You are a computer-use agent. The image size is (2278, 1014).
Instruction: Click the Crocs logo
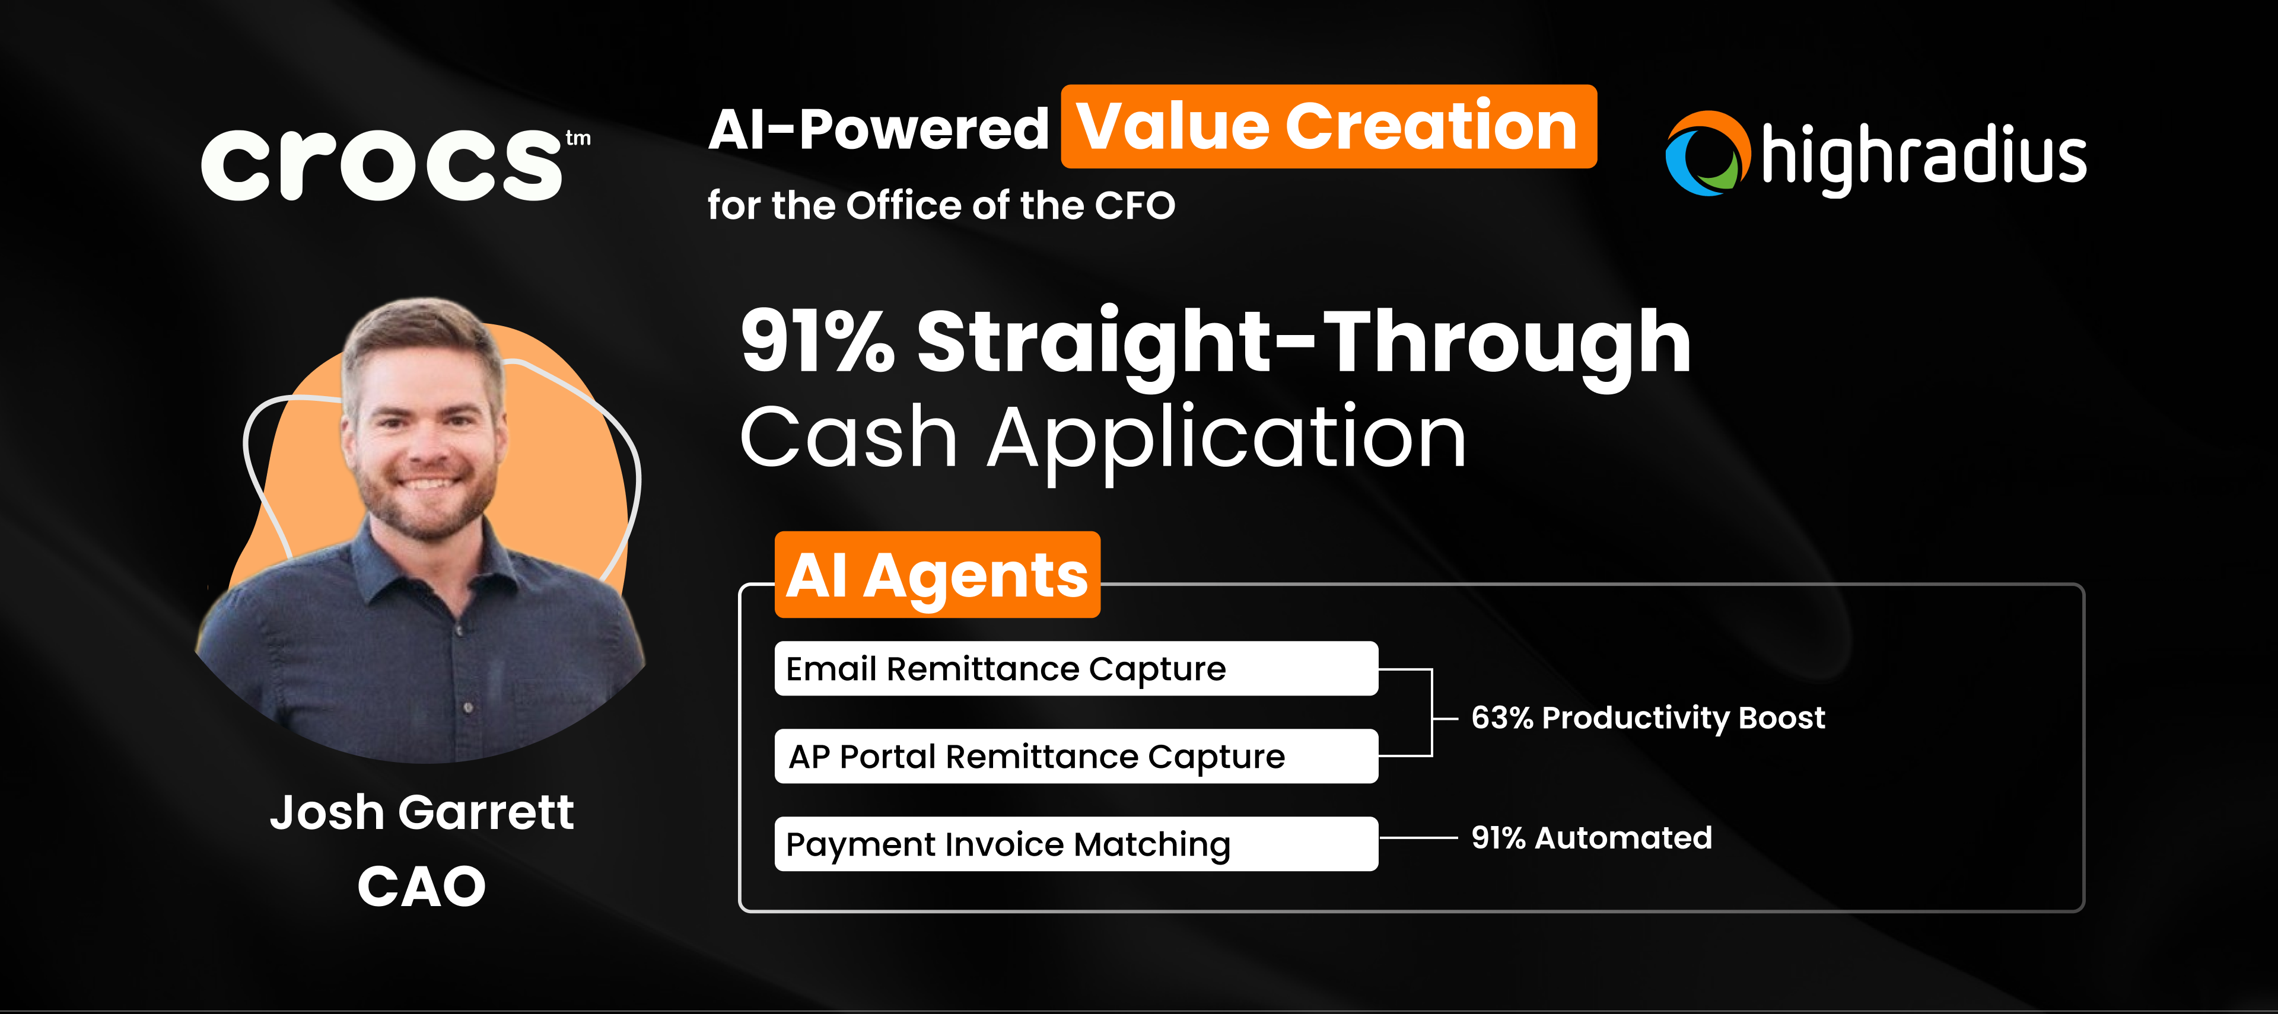point(382,164)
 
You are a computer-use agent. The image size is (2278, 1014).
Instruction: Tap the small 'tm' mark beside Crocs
point(578,138)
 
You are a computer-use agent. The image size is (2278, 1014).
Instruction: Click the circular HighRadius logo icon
point(1707,154)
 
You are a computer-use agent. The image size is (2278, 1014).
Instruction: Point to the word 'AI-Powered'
point(878,130)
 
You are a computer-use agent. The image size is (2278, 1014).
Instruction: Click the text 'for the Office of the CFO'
point(941,206)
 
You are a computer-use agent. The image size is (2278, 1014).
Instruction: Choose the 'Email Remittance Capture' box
point(1076,669)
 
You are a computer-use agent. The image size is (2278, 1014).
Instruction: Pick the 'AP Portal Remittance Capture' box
point(1076,757)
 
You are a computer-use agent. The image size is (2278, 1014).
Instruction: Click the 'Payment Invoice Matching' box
point(1076,844)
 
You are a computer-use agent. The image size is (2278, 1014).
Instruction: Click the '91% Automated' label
point(1591,837)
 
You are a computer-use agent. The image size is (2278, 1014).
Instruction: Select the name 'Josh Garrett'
point(422,812)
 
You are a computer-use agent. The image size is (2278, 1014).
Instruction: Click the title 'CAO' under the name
point(422,887)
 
